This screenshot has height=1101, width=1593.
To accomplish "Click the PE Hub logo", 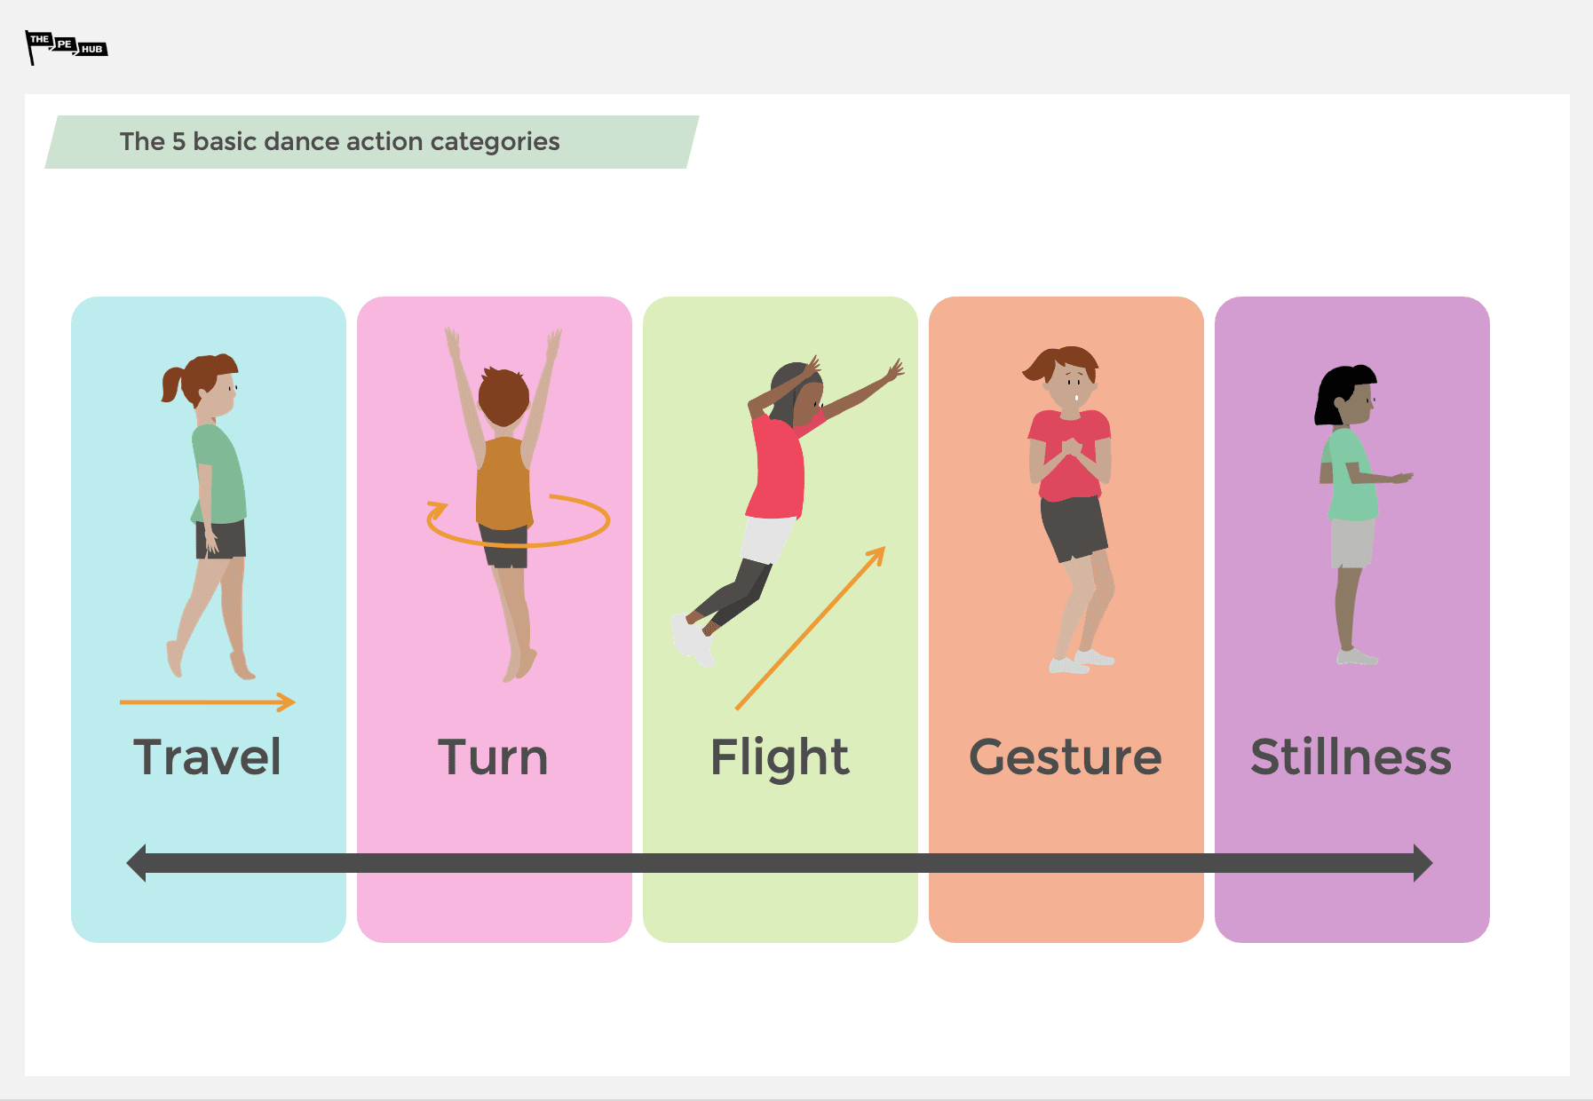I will click(x=66, y=46).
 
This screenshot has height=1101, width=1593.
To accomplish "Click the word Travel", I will click(x=207, y=757).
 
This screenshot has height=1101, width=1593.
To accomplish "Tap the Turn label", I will click(x=493, y=757).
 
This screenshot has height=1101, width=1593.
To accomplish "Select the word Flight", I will click(x=780, y=757).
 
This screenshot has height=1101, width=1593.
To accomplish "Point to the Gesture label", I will click(x=1065, y=757).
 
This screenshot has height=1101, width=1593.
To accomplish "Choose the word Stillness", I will click(x=1351, y=757).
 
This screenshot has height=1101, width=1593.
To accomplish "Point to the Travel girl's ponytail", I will click(x=171, y=384).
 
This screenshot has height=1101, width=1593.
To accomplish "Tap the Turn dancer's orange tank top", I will click(x=503, y=484).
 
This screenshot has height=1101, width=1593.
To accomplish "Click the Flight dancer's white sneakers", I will click(x=692, y=640).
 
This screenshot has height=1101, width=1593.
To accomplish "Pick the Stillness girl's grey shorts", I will click(x=1351, y=543).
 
